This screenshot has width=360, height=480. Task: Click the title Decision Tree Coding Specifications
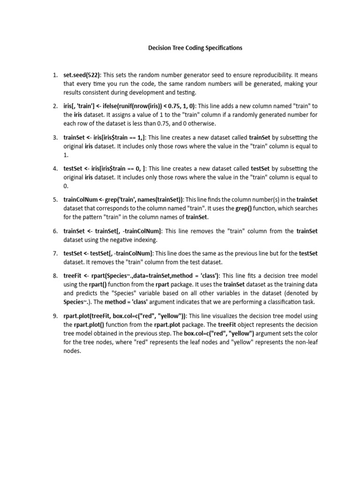(x=195, y=48)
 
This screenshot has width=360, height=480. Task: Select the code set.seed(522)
(x=82, y=75)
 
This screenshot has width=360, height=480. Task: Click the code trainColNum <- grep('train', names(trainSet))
(x=124, y=199)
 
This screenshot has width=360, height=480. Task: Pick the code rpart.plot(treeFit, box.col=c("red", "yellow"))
(x=124, y=316)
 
